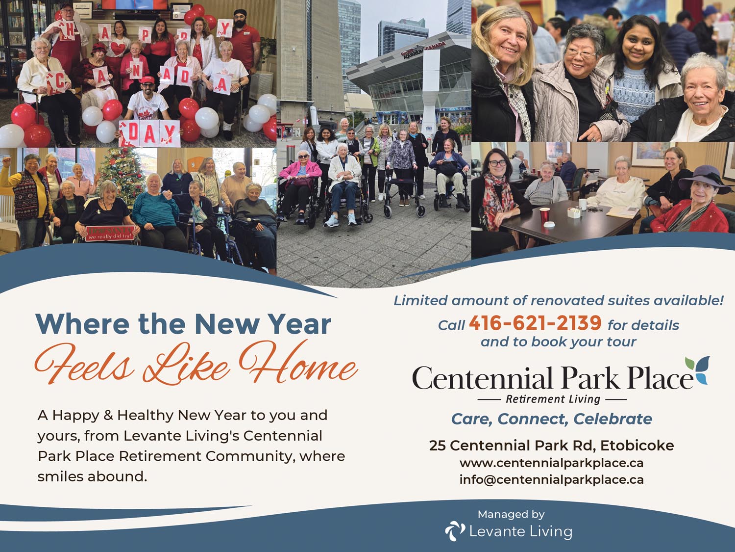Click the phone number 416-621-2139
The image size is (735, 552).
pos(535,323)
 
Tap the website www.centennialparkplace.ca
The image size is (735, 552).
pos(552,463)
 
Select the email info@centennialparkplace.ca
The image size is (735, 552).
pos(552,479)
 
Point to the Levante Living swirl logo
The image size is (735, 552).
pos(455,531)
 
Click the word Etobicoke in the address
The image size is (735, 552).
pos(637,446)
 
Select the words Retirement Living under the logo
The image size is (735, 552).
pos(553,399)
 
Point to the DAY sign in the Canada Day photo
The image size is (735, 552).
pos(149,133)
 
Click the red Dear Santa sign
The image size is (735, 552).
pos(110,233)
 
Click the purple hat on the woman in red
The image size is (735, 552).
pos(705,179)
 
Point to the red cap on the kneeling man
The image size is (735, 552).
pos(147,80)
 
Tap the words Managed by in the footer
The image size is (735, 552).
pos(511,514)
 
